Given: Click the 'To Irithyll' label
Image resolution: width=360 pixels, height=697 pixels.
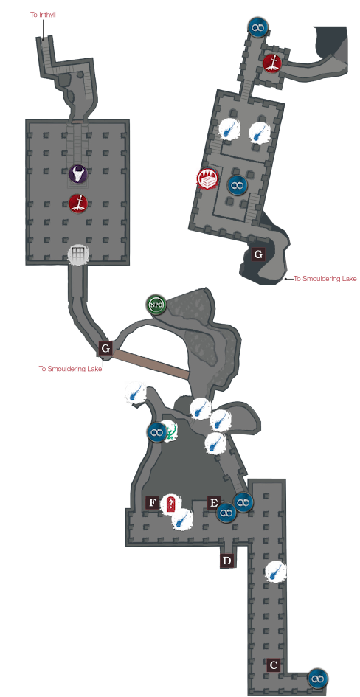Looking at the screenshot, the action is point(43,15).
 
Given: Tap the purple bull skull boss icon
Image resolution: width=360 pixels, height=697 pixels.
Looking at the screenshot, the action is point(77,174).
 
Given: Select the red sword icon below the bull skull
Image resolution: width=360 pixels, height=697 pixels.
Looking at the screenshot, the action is point(77,203).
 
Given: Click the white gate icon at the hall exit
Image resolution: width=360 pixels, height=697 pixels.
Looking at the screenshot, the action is point(77,254).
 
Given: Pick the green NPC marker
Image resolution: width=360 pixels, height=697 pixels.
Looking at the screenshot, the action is point(156,305).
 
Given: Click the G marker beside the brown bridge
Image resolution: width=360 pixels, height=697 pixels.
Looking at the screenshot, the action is point(105,347).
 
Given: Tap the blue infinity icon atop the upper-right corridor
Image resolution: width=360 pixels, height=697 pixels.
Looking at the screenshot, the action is point(257,27).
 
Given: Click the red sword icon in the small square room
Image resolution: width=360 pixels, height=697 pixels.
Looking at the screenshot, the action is point(272,63).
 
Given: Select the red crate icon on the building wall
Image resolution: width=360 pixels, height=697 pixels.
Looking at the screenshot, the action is point(207,178).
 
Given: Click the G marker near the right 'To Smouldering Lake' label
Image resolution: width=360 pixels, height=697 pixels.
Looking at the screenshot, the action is point(257,254).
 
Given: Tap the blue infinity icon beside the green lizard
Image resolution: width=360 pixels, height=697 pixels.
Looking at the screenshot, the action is point(157,431).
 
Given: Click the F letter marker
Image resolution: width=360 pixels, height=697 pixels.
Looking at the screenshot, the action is point(153,503).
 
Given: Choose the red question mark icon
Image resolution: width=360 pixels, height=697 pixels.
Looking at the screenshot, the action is point(170,504).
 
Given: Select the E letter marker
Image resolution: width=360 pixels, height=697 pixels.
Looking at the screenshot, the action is point(214,503).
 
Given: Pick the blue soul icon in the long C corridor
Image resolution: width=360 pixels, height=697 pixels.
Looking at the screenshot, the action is point(275,572).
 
